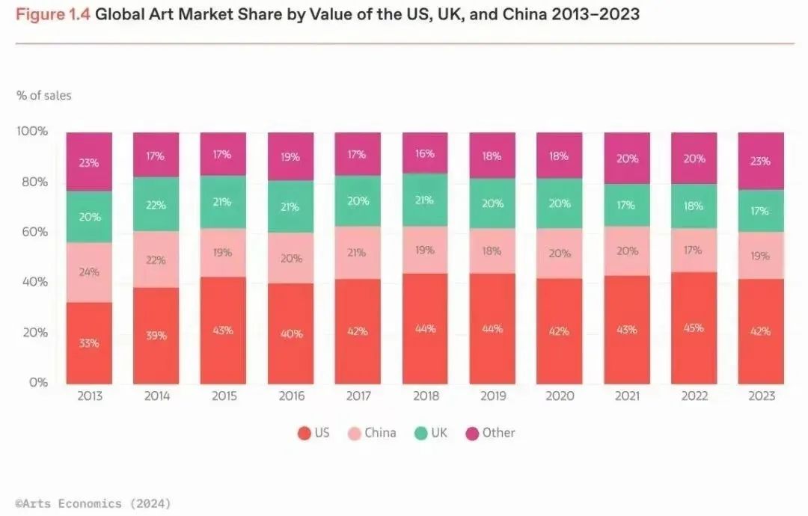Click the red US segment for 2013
pyautogui.click(x=89, y=343)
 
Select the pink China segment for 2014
pyautogui.click(x=156, y=259)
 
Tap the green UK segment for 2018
pyautogui.click(x=424, y=200)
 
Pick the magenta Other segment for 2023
pyautogui.click(x=760, y=161)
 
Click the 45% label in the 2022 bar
pyautogui.click(x=693, y=327)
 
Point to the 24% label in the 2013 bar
pyautogui.click(x=89, y=272)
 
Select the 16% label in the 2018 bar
pyautogui.click(x=424, y=153)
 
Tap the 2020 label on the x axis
pyautogui.click(x=559, y=396)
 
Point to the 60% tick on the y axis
pyautogui.click(x=32, y=232)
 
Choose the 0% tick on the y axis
pyautogui.click(x=37, y=383)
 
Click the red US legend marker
pyautogui.click(x=304, y=433)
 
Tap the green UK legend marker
pyautogui.click(x=421, y=433)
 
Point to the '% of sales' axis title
pyautogui.click(x=44, y=96)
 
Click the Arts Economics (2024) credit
pyautogui.click(x=93, y=503)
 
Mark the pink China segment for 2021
pyautogui.click(x=626, y=251)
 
